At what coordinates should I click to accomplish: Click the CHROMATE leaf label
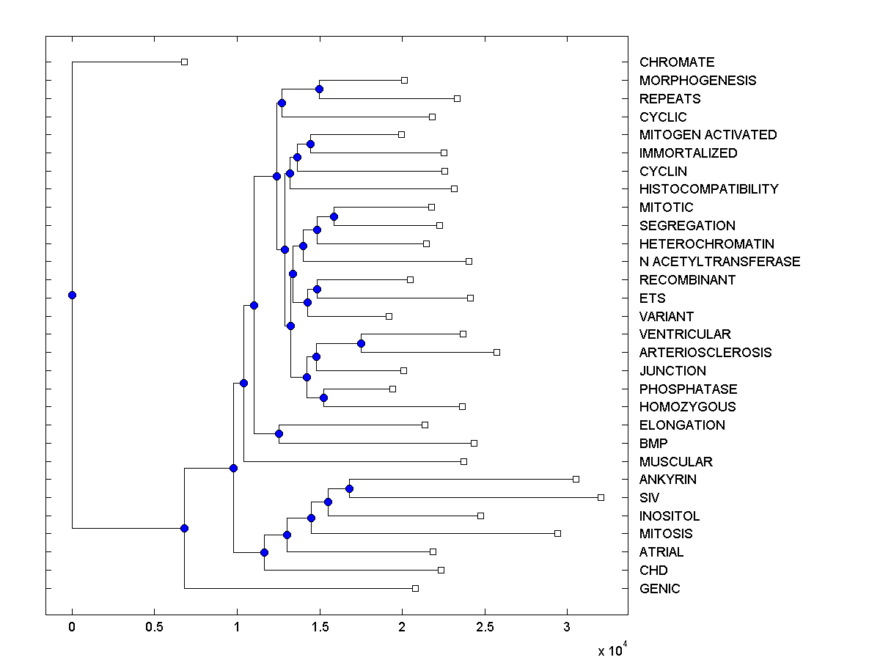676,62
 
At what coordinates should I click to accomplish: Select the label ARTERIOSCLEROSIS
705,353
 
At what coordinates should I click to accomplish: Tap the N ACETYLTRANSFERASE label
719,262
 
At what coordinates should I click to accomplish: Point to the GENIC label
659,589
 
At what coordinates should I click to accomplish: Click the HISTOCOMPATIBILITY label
708,189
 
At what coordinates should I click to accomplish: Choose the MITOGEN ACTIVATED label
708,135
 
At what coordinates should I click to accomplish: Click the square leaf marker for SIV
601,497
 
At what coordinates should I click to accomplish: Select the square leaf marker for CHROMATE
185,62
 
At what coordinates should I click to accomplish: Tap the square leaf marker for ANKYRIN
576,479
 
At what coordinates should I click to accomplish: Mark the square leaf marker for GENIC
415,588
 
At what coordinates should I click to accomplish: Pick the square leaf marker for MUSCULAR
463,461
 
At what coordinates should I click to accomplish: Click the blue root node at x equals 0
72,295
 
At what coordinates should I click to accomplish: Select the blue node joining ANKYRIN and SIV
349,488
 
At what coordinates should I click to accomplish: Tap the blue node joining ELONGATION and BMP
279,433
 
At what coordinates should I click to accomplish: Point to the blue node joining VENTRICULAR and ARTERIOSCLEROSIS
361,343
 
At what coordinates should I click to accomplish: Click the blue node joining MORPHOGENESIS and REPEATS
319,89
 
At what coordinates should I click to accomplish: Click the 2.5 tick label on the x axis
484,627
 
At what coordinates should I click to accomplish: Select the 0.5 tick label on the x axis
154,627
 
